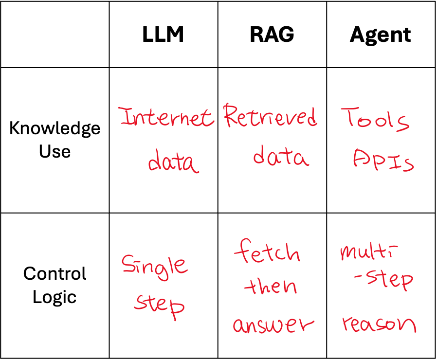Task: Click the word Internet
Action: pos(166,117)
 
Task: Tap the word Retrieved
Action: pos(270,117)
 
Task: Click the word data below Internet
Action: pos(173,162)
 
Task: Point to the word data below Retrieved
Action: pos(280,157)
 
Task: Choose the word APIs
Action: pos(383,161)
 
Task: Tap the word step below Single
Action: pos(160,305)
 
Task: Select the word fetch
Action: pos(267,252)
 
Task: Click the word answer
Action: pos(273,324)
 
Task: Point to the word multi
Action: pos(368,252)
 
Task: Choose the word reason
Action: pos(379,324)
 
